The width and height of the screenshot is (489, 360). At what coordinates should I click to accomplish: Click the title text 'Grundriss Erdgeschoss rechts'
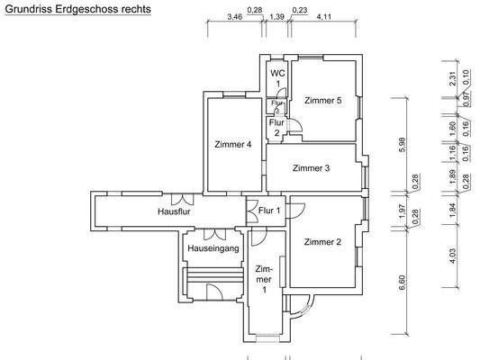pos(77,8)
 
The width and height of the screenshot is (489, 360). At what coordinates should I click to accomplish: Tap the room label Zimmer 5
pos(322,100)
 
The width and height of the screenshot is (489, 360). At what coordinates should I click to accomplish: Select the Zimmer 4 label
pos(233,144)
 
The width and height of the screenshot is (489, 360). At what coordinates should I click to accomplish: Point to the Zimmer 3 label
pos(312,167)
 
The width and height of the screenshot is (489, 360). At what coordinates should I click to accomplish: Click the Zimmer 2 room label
pos(322,241)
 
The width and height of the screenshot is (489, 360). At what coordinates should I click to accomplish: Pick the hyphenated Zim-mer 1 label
pos(264,279)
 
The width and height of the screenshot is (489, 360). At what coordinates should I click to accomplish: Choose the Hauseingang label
pos(214,248)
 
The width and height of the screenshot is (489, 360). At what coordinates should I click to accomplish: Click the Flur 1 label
pos(269,211)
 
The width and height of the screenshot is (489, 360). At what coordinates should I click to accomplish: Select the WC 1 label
pos(278,77)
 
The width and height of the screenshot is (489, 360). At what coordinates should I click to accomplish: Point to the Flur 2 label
pos(278,127)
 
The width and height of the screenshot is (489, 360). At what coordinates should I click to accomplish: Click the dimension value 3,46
pos(234,17)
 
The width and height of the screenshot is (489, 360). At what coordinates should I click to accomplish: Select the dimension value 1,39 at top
pos(277,17)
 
